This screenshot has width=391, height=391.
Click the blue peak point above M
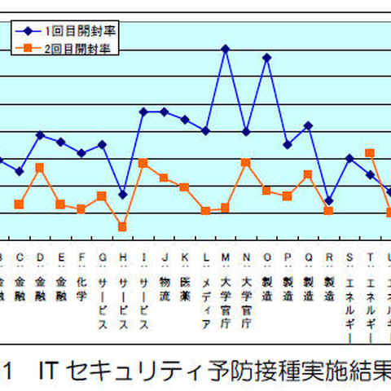point(226,48)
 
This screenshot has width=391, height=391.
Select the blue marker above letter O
point(266,57)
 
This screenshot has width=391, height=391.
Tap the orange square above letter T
point(370,152)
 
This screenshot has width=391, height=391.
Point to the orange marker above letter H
point(123,227)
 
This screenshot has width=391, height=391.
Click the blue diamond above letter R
point(328,200)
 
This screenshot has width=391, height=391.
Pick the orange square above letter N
point(246,162)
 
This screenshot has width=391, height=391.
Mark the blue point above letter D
point(40,134)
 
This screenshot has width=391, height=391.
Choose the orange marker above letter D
point(40,167)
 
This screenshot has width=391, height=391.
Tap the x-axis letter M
point(226,258)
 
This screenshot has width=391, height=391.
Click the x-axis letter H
point(123,258)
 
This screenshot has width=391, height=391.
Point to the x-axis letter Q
point(308,258)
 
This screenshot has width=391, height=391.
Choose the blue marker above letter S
point(349,158)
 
